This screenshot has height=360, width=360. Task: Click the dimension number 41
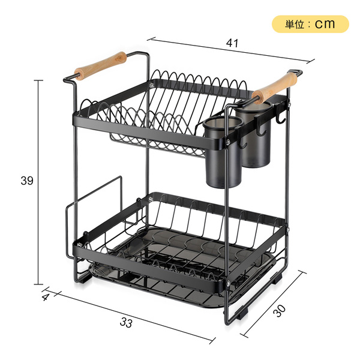pos(232,43)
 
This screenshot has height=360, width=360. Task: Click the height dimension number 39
pos(27,181)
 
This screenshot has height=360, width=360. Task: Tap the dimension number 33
pos(126,322)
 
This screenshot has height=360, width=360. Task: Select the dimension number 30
pos(280,311)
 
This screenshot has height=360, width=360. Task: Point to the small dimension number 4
pos(46,297)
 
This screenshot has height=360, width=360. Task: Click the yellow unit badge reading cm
pos(310,24)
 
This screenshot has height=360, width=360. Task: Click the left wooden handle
pos(100,66)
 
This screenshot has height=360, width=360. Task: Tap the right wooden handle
pos(274,88)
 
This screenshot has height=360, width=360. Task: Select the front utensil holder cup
pos(222,152)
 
